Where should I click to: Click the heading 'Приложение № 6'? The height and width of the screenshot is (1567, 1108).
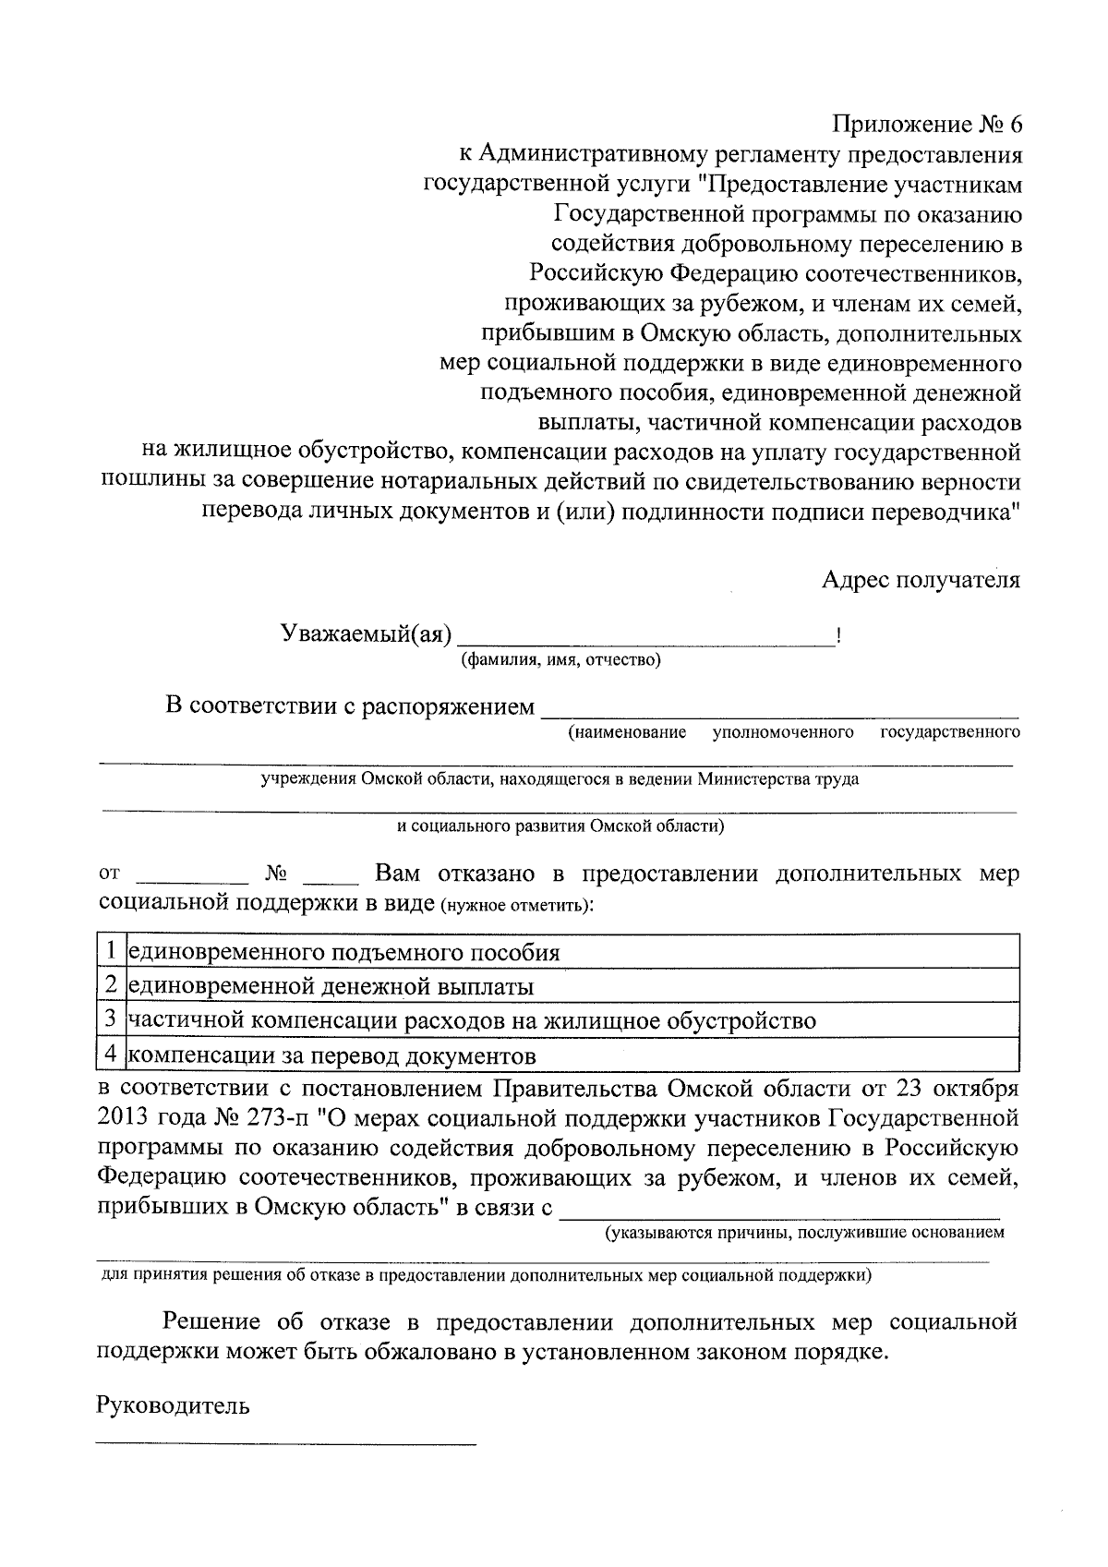coord(928,125)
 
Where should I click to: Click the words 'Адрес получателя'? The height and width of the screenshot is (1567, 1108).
coord(921,580)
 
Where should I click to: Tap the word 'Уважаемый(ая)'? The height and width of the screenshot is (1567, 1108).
coord(366,633)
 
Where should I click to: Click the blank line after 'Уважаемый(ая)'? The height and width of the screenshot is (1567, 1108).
coord(646,639)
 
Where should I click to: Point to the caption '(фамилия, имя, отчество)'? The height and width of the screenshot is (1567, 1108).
coord(560,660)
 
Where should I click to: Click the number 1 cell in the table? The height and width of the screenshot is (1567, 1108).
coord(111,951)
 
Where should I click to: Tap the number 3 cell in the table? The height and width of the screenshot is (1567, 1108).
coord(111,1020)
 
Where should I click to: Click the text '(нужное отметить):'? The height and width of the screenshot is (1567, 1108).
coord(517,904)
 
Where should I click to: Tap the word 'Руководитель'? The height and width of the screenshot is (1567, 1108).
coord(173,1405)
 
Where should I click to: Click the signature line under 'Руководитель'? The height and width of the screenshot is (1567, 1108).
coord(286,1440)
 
